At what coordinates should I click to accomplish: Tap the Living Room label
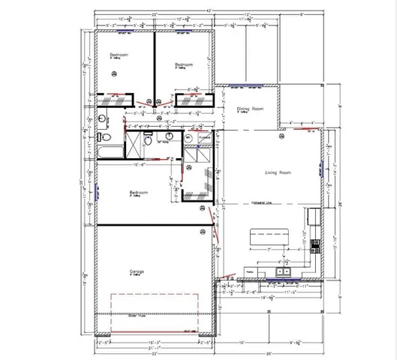pos(277,173)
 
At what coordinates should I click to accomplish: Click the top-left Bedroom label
pos(117,55)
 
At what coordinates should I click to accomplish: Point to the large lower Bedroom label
pos(138,192)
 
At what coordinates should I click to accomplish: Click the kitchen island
pos(270,237)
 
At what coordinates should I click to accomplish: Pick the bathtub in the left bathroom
pos(104,152)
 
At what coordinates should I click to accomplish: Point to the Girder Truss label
pos(125,316)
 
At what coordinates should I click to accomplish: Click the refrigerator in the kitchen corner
pos(312,217)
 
